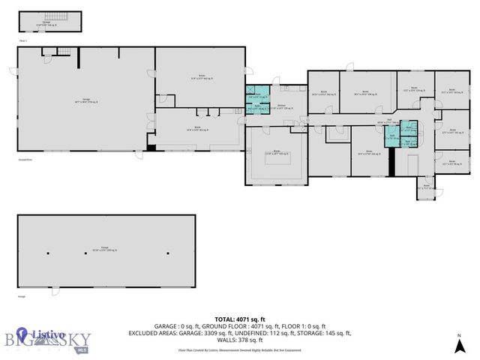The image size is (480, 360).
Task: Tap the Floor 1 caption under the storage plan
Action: click(x=22, y=40)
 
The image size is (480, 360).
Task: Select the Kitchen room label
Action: click(x=280, y=107)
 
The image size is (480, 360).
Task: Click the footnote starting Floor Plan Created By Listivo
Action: click(x=240, y=350)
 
